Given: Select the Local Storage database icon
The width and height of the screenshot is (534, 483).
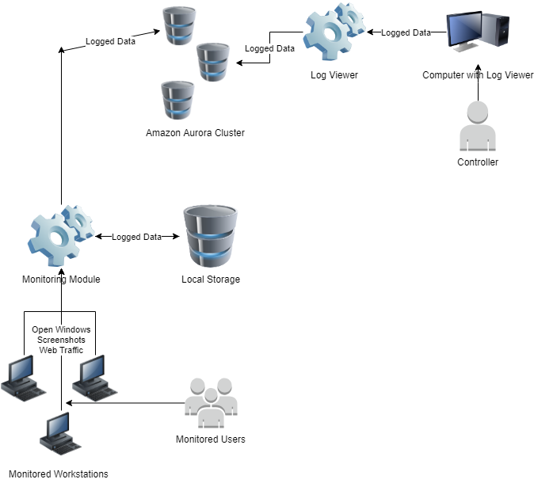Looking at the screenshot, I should pos(210,237).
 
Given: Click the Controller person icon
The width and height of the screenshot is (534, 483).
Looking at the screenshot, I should pos(478,127).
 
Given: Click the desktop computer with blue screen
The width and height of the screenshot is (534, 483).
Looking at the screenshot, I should pos(476,36).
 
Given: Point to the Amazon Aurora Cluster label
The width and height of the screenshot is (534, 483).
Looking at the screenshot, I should pos(195,133).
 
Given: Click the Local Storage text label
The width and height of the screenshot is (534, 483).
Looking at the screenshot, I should pos(211,280).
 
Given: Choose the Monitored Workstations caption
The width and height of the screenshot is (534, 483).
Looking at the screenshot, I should pos(58,474).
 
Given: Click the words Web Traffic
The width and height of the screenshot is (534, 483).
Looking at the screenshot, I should pos(61,350).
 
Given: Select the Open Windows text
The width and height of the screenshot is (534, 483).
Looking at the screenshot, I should pos(61,329).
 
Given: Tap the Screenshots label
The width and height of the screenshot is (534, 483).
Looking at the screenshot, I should pos(61,340).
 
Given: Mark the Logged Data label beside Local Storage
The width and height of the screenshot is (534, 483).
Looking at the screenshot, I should pos(136,237).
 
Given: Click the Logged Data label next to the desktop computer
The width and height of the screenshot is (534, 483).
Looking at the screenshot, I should pos(406,32).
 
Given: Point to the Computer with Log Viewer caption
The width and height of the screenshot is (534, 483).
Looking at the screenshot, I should pos(478,75).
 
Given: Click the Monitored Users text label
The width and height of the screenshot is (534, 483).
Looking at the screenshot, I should pos(211,439).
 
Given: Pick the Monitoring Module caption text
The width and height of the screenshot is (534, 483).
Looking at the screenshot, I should pos(61,280).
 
